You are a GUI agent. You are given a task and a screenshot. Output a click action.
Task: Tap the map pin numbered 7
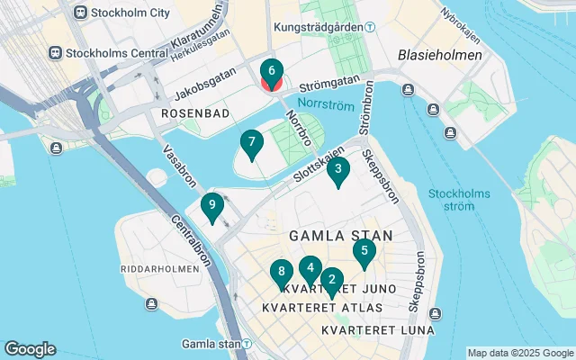[x=252, y=143]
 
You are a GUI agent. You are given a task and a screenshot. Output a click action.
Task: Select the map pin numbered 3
[x=338, y=169]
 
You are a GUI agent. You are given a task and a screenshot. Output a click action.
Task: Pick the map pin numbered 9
[x=211, y=206]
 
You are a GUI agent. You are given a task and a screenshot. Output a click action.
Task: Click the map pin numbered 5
[x=364, y=253]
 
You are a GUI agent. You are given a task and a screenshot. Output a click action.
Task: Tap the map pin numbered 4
[x=310, y=268]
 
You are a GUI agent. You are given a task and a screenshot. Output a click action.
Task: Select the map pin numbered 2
[x=331, y=281]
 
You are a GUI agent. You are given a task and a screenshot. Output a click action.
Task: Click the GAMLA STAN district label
[x=340, y=236]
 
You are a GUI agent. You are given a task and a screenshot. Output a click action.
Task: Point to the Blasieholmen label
[x=440, y=55]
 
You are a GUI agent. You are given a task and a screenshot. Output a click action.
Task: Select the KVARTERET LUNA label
[x=377, y=329]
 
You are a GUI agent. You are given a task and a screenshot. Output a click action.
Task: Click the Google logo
[x=30, y=349]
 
